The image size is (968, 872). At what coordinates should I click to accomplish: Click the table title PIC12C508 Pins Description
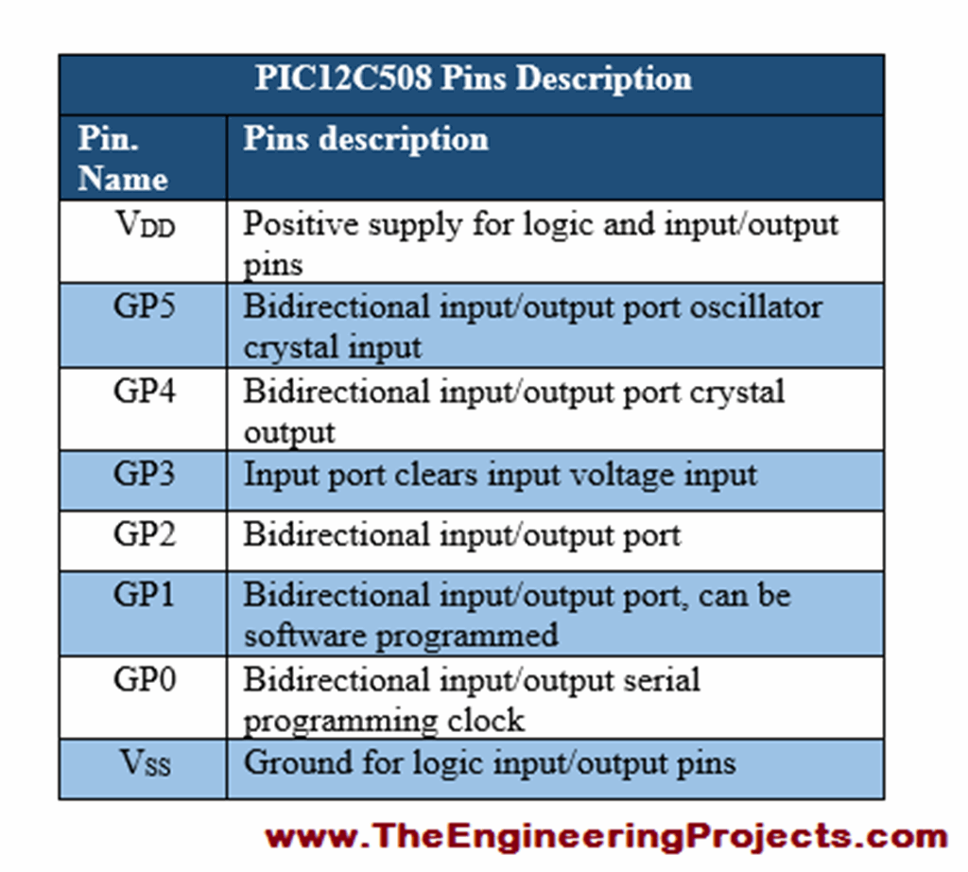click(x=473, y=78)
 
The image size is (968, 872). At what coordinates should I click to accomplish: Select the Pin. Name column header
click(x=123, y=159)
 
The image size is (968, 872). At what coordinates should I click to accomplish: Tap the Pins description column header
click(x=366, y=139)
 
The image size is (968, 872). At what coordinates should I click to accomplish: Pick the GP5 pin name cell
click(x=144, y=308)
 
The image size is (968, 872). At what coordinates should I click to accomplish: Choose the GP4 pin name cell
click(x=144, y=392)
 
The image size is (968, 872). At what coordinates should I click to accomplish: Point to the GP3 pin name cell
click(x=144, y=474)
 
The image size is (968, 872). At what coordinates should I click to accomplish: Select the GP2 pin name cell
click(x=144, y=535)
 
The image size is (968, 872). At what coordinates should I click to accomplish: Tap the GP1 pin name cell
click(x=144, y=596)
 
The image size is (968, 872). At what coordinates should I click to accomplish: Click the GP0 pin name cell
click(x=144, y=680)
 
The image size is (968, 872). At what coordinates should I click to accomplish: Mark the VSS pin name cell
click(x=144, y=762)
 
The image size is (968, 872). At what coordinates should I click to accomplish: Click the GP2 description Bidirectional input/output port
click(x=461, y=535)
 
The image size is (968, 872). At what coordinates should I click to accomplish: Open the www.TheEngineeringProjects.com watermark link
click(x=606, y=837)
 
